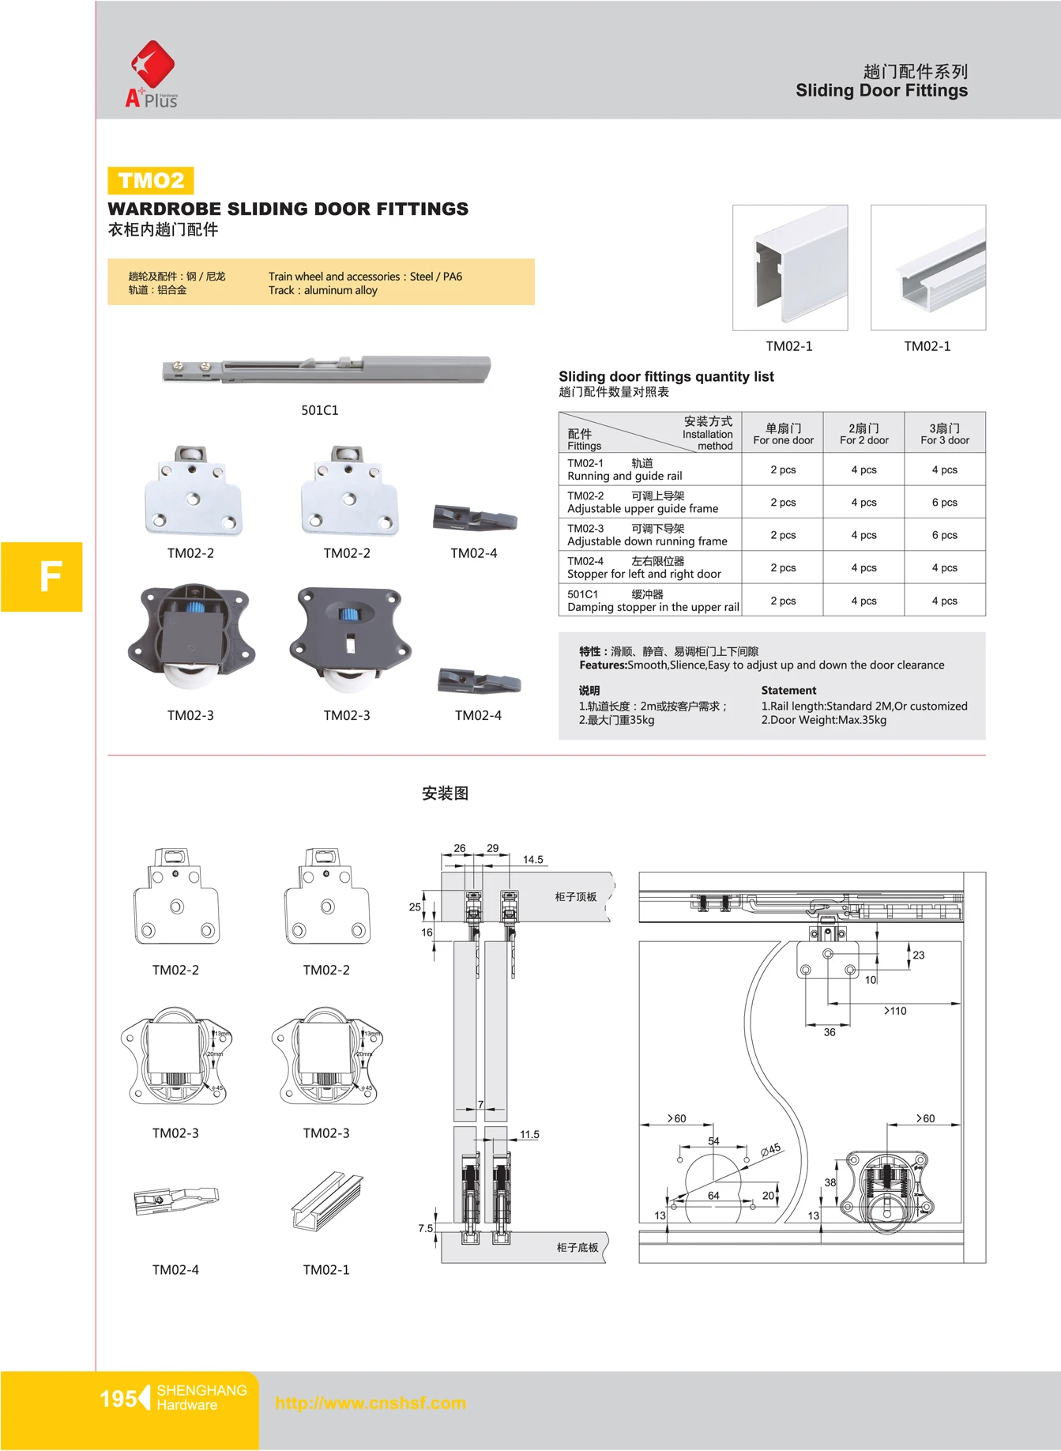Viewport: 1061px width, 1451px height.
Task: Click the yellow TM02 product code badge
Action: [151, 181]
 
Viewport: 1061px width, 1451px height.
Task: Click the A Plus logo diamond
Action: [152, 65]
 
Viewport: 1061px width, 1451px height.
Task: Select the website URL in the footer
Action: [371, 1403]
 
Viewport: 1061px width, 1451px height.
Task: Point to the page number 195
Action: [118, 1399]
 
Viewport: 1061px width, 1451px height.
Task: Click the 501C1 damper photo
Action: [326, 369]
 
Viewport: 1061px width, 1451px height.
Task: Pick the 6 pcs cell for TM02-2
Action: [944, 503]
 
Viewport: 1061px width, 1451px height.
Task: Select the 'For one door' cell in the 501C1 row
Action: [783, 601]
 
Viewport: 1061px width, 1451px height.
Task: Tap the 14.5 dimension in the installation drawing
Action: [533, 860]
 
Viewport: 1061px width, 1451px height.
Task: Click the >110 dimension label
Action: [895, 1011]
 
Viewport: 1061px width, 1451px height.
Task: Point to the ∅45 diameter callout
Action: [770, 1150]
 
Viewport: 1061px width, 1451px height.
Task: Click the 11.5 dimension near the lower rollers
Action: [529, 1135]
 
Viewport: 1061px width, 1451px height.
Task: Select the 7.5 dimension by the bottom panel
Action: [426, 1228]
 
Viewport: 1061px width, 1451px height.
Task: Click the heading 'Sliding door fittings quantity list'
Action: [666, 377]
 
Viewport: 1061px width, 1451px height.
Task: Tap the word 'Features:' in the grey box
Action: [603, 665]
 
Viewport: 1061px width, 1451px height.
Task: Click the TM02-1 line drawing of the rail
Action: [326, 1201]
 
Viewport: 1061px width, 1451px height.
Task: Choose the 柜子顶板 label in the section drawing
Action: [576, 897]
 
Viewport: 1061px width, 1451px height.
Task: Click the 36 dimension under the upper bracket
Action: [830, 1032]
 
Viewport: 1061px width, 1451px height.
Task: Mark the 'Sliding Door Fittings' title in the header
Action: [881, 91]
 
